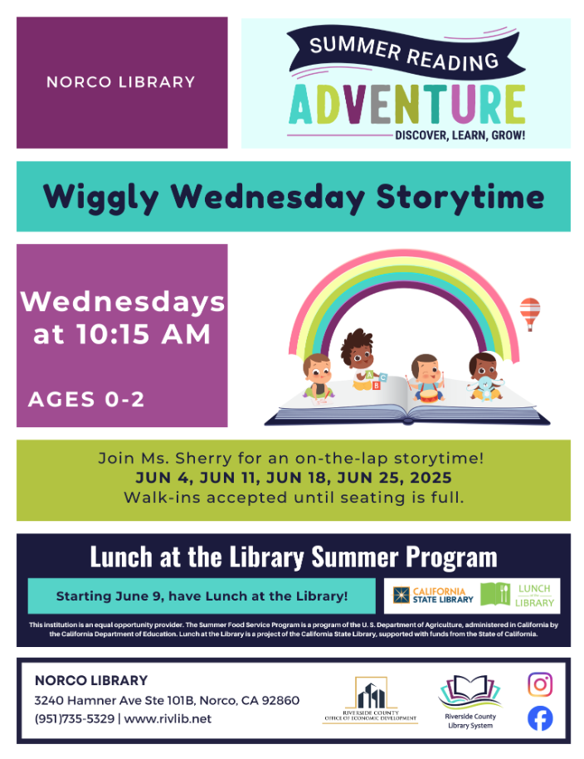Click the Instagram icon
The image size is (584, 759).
click(x=540, y=684)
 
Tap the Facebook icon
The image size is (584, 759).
click(x=540, y=719)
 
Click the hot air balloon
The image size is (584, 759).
click(x=530, y=314)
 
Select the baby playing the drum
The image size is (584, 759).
click(x=426, y=378)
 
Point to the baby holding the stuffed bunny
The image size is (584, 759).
click(x=484, y=377)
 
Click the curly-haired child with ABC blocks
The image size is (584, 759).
click(x=361, y=358)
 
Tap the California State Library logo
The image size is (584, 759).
click(x=433, y=596)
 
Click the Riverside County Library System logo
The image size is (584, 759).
click(x=470, y=702)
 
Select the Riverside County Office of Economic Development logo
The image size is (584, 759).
click(x=370, y=700)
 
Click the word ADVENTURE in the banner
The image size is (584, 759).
click(x=406, y=105)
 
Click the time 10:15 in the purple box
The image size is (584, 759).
click(x=112, y=334)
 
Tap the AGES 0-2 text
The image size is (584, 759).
click(x=86, y=399)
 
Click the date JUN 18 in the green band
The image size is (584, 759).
click(x=294, y=478)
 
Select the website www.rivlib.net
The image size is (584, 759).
click(x=168, y=719)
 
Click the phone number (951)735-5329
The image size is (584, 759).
click(x=75, y=719)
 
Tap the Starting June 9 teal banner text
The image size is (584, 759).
click(x=202, y=596)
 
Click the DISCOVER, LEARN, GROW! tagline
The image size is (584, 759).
click(x=460, y=135)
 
